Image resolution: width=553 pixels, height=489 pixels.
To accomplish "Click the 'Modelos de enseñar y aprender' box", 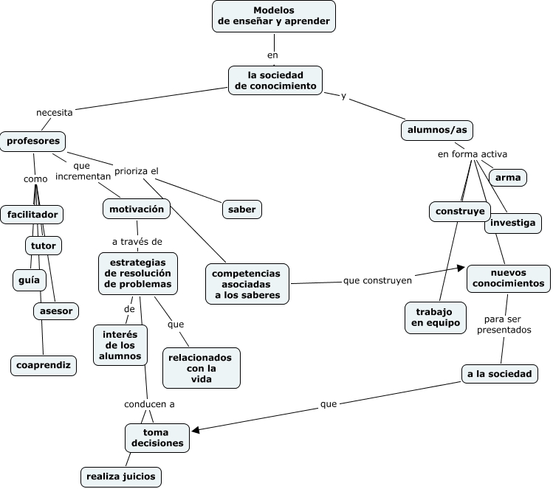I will pyautogui.click(x=274, y=16).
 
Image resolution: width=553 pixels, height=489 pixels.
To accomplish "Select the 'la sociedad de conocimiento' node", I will pyautogui.click(x=275, y=80).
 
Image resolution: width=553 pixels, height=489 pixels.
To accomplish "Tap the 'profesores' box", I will pyautogui.click(x=32, y=141).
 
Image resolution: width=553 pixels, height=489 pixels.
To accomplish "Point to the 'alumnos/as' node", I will pyautogui.click(x=437, y=130).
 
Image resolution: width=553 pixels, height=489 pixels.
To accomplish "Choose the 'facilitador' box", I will pyautogui.click(x=32, y=215).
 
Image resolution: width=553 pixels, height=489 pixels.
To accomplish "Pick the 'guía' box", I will pyautogui.click(x=30, y=280).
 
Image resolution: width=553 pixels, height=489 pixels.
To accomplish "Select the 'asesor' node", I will pyautogui.click(x=56, y=311).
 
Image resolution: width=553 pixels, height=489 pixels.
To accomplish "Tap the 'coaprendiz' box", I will pyautogui.click(x=44, y=364).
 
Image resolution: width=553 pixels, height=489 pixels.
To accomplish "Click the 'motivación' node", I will pyautogui.click(x=137, y=209).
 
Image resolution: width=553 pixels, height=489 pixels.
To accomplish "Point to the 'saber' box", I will pyautogui.click(x=242, y=209).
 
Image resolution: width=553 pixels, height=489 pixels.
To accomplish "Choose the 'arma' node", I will pyautogui.click(x=508, y=177).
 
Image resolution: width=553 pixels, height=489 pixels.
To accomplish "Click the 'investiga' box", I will pyautogui.click(x=513, y=223).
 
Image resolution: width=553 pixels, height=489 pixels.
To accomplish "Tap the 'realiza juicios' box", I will pyautogui.click(x=121, y=476).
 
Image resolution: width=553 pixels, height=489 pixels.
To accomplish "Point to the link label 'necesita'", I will pyautogui.click(x=55, y=113).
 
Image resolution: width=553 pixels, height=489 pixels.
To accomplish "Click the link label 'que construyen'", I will pyautogui.click(x=377, y=280).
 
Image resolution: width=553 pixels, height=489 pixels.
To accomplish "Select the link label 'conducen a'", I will pyautogui.click(x=149, y=403).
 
